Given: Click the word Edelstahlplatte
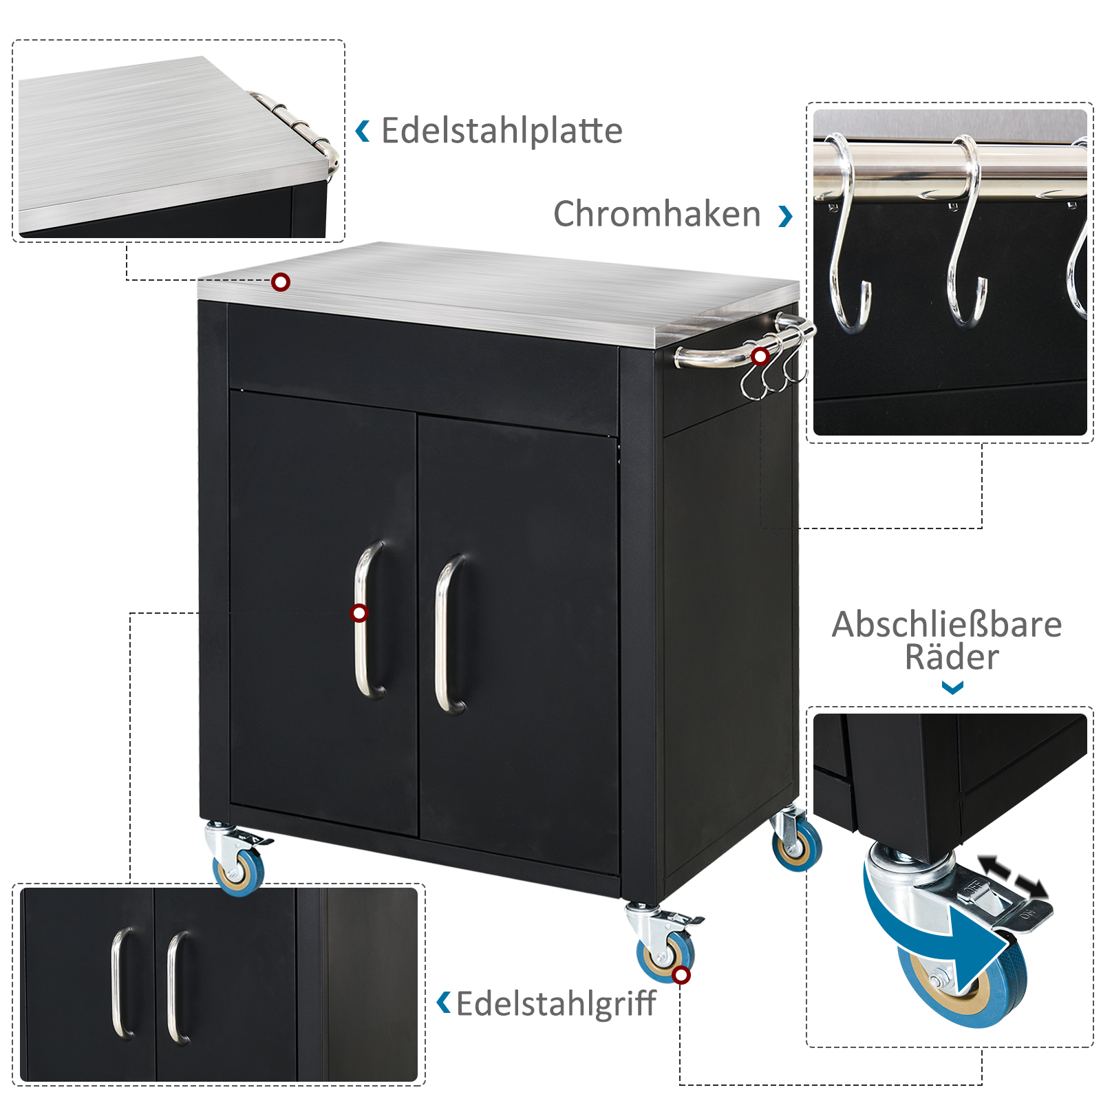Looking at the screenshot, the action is pos(502,131).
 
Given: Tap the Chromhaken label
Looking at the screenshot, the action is pos(657,213).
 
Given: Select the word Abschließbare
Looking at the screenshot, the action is pos(947,625).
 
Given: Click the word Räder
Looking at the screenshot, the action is pos(952,657).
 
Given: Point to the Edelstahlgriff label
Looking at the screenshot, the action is pos(556,1004).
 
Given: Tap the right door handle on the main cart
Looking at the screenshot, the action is pos(448,634).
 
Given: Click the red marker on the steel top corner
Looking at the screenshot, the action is pos(281,282).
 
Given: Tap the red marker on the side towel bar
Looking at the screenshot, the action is pos(760,356).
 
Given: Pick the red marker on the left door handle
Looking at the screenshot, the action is pos(359,613).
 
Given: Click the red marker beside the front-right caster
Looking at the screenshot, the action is pos(681,975).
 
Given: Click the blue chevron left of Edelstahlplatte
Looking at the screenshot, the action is pos(362,131).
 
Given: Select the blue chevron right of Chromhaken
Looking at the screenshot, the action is pos(786,216).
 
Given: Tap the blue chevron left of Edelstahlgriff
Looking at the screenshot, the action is pos(444,1003).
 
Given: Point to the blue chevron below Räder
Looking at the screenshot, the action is pos(952,687).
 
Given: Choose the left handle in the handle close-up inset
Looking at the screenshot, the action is pos(122,982).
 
